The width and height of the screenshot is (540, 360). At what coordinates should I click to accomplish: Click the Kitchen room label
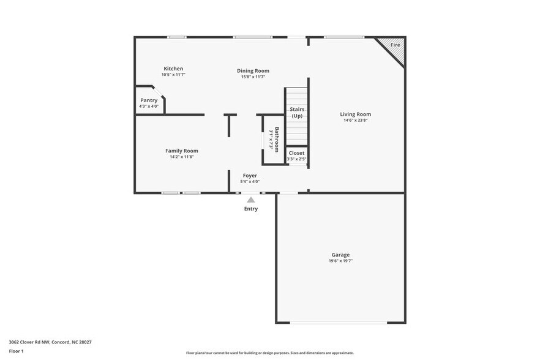pyautogui.click(x=173, y=69)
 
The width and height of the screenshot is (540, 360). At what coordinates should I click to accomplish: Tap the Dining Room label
pyautogui.click(x=253, y=71)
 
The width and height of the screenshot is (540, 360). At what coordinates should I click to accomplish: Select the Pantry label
pyautogui.click(x=149, y=100)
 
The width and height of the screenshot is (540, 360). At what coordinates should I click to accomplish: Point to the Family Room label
pyautogui.click(x=182, y=151)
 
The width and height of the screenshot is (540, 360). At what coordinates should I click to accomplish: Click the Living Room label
pyautogui.click(x=355, y=114)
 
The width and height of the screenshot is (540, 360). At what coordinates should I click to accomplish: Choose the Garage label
pyautogui.click(x=340, y=255)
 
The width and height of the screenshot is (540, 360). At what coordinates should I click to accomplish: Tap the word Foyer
pyautogui.click(x=250, y=176)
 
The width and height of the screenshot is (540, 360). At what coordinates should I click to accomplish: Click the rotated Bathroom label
pyautogui.click(x=277, y=139)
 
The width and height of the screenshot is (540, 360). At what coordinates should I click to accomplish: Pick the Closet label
pyautogui.click(x=296, y=153)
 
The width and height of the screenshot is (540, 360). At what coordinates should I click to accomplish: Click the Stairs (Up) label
pyautogui.click(x=297, y=113)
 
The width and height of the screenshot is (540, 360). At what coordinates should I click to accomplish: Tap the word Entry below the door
pyautogui.click(x=251, y=209)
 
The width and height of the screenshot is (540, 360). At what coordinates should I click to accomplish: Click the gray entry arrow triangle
pyautogui.click(x=251, y=199)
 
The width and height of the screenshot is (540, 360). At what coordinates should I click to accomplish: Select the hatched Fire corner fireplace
pyautogui.click(x=394, y=48)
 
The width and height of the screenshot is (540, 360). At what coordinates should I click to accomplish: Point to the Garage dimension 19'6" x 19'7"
pyautogui.click(x=340, y=261)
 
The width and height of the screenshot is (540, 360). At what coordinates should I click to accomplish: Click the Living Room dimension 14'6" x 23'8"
pyautogui.click(x=355, y=121)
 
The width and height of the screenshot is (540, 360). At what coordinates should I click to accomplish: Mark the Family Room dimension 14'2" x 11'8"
pyautogui.click(x=182, y=157)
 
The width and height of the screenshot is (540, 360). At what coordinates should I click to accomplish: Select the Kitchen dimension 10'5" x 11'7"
pyautogui.click(x=173, y=75)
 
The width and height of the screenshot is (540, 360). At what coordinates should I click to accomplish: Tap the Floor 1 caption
pyautogui.click(x=17, y=351)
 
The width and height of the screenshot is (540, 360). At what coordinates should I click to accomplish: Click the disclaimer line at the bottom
pyautogui.click(x=269, y=353)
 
